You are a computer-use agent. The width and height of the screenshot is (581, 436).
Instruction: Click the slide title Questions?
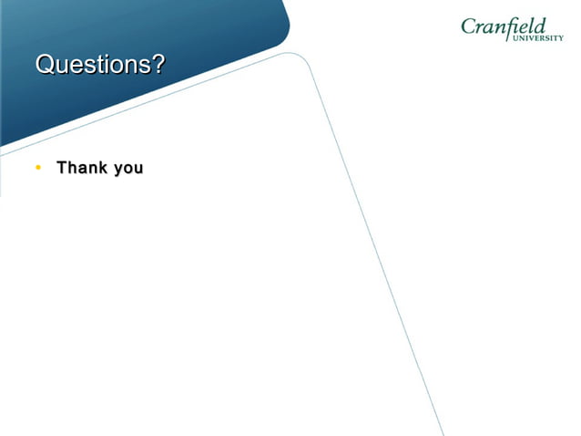[100, 66]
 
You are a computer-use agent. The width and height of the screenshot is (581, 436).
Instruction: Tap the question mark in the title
[159, 66]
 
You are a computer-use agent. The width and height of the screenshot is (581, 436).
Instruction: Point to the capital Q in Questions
[45, 66]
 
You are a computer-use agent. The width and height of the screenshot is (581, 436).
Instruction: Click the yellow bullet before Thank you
[38, 169]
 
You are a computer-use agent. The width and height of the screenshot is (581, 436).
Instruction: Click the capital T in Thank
[62, 169]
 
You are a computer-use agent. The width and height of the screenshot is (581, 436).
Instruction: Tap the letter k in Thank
[101, 169]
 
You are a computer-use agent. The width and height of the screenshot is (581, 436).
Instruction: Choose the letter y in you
[117, 171]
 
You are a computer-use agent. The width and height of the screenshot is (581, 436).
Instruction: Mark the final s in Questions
[146, 66]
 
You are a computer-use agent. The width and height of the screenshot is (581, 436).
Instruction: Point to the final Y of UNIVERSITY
[561, 38]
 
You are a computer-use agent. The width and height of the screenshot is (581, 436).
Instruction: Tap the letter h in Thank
[72, 169]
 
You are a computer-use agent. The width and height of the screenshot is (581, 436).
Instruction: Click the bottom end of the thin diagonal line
[443, 434]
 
